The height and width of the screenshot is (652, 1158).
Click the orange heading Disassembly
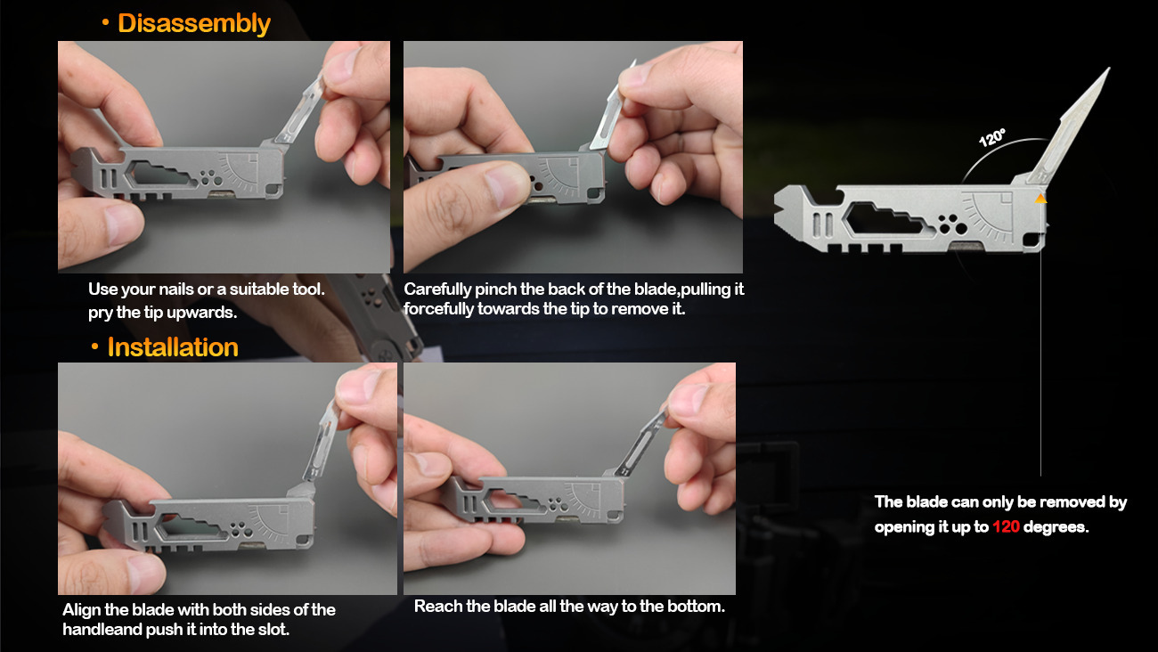coord(194,23)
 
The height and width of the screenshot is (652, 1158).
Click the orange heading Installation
coord(173,347)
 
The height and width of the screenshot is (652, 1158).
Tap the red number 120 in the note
coord(1006,527)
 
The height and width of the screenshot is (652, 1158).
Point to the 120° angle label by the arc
coord(992,137)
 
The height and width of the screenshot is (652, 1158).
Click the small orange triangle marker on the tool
coord(1040,199)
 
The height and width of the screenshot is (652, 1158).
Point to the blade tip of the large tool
coord(1109,69)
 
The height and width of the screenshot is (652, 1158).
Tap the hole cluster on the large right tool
coord(952,224)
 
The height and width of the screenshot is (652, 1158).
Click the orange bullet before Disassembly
coord(105,22)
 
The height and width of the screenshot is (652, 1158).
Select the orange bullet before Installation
coord(94,346)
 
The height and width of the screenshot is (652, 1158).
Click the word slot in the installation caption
coord(273,630)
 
